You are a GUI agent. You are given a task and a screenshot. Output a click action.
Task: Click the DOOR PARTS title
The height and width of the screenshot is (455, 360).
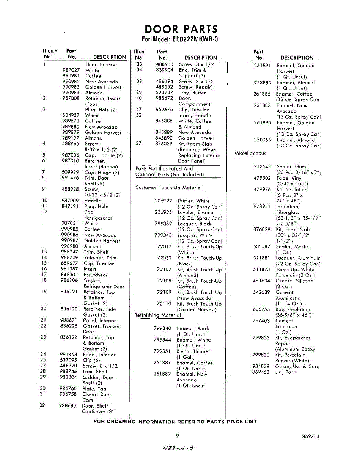point(181,29)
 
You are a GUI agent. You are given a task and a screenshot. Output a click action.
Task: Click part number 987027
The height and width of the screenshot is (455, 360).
point(71,70)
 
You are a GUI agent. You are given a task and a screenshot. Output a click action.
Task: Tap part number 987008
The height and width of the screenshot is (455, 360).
point(71,99)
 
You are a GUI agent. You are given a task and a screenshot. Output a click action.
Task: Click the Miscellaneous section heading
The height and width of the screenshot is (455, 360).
point(250,154)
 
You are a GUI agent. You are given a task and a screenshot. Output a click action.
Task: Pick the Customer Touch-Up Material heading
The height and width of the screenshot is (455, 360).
point(168,188)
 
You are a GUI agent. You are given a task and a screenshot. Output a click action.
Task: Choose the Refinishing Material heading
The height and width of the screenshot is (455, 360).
point(158,315)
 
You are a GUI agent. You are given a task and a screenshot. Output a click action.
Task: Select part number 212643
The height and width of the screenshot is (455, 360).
point(262,166)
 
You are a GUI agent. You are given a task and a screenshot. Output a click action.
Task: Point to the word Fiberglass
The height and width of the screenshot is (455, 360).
point(288,213)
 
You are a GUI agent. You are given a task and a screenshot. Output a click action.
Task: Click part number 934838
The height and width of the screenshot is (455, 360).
point(261,366)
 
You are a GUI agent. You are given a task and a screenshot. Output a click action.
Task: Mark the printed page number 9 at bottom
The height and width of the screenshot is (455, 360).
point(177,436)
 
